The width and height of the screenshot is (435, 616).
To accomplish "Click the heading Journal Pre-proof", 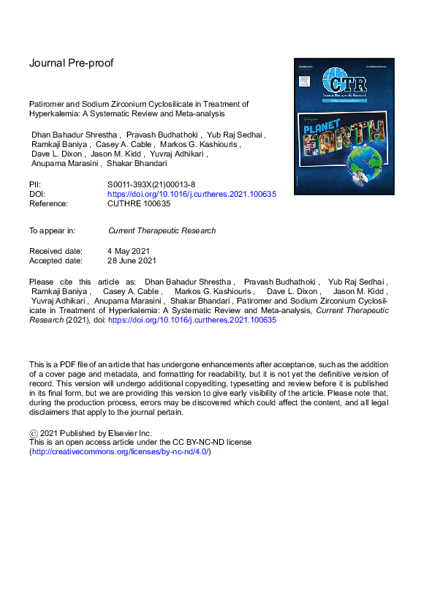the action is [71, 63].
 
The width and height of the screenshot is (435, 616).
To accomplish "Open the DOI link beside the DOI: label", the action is [192, 195].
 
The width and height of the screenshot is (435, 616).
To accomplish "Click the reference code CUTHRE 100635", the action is [139, 203].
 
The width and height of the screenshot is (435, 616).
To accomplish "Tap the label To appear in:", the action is [52, 230].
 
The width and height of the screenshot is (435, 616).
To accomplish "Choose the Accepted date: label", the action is [56, 260].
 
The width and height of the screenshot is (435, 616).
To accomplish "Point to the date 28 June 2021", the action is [132, 260].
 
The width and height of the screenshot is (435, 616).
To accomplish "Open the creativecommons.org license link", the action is [120, 452].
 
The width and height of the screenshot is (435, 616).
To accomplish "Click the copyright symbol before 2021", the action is [33, 433].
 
